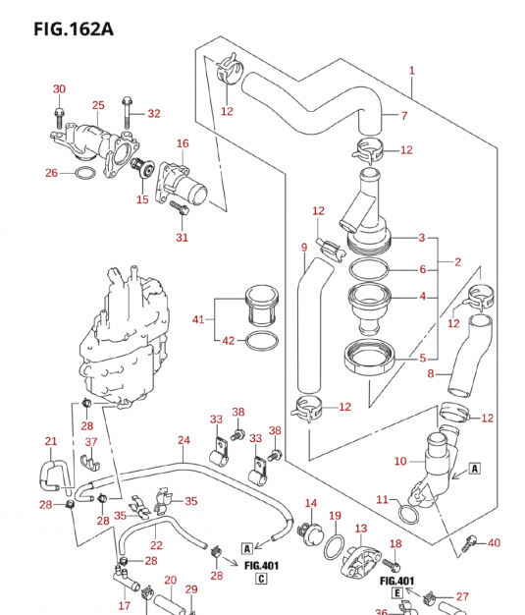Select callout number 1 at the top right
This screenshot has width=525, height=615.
click(412, 70)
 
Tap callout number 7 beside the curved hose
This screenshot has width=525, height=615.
click(403, 116)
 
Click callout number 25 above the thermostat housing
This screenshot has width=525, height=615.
click(98, 105)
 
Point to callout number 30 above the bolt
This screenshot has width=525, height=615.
click(59, 89)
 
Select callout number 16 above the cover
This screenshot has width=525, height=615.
click(183, 143)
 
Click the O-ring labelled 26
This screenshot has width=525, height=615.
click(85, 174)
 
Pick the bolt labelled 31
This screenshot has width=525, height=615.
click(179, 207)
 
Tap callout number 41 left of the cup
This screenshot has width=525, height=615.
click(199, 318)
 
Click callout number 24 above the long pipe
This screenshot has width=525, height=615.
click(184, 440)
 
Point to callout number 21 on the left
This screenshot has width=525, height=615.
click(51, 441)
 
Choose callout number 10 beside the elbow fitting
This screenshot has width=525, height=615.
click(399, 461)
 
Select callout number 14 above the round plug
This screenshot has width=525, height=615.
click(311, 504)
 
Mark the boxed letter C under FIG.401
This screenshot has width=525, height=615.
click(262, 579)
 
